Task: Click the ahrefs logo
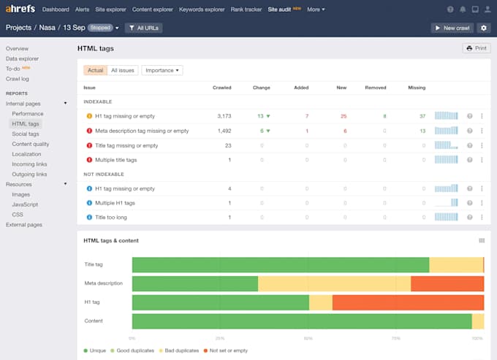click(20, 9)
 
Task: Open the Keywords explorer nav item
click(202, 9)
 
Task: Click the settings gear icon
click(483, 28)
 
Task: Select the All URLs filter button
click(143, 28)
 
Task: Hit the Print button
click(477, 48)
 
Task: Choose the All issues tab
click(123, 70)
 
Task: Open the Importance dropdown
click(162, 70)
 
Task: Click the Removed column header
click(376, 88)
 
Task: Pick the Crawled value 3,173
click(224, 116)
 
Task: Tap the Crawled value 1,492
click(224, 131)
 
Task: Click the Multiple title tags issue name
click(116, 160)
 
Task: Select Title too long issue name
click(111, 217)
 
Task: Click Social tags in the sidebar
click(26, 134)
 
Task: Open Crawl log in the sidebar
click(17, 79)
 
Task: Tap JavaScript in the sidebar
click(25, 204)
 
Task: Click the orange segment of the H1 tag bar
click(409, 302)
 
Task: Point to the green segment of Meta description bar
click(195, 284)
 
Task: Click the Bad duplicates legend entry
click(179, 351)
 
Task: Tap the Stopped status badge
click(100, 28)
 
